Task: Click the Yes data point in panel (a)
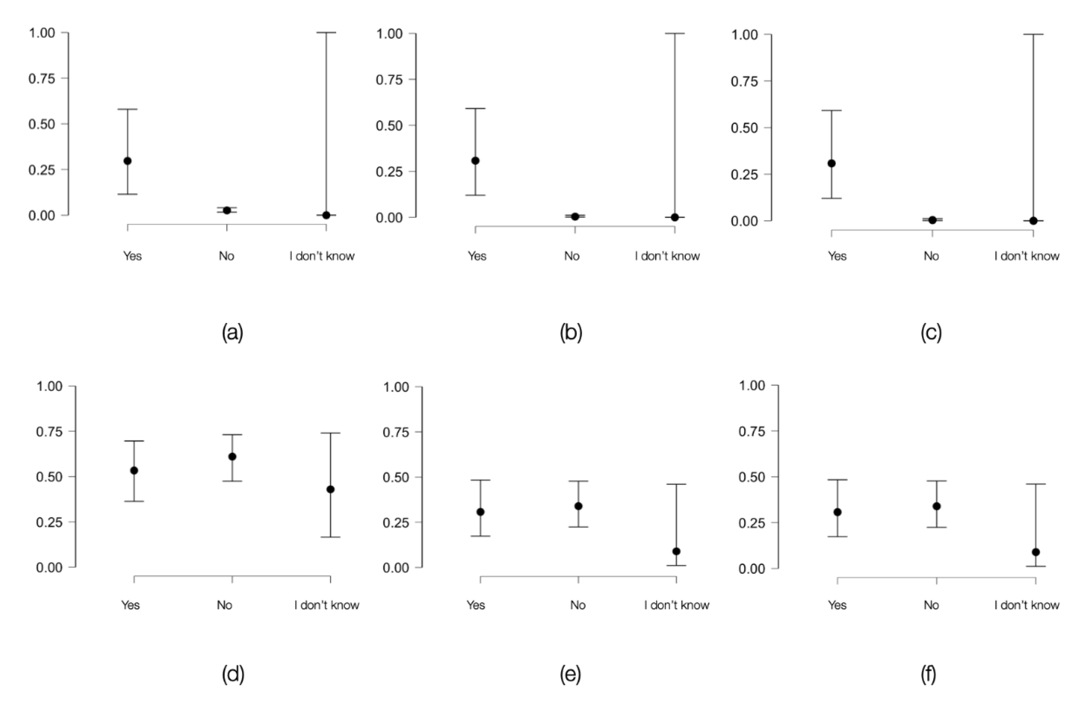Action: click(128, 161)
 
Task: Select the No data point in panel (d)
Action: click(232, 456)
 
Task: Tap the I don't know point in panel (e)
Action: click(676, 551)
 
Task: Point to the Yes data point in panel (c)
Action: click(832, 163)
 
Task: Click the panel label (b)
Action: click(571, 333)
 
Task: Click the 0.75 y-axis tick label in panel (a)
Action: click(41, 79)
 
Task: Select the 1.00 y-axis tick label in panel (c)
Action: click(744, 35)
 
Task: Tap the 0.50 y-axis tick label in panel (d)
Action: click(49, 477)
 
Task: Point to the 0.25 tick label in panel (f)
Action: click(752, 523)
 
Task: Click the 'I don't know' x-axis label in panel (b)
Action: click(667, 256)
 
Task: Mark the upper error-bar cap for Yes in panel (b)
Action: click(476, 109)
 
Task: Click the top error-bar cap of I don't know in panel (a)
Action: click(327, 33)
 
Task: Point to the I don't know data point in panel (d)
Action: click(330, 489)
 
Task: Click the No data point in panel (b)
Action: click(575, 216)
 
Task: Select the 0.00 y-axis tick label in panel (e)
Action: click(396, 568)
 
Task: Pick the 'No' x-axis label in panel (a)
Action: click(227, 256)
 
